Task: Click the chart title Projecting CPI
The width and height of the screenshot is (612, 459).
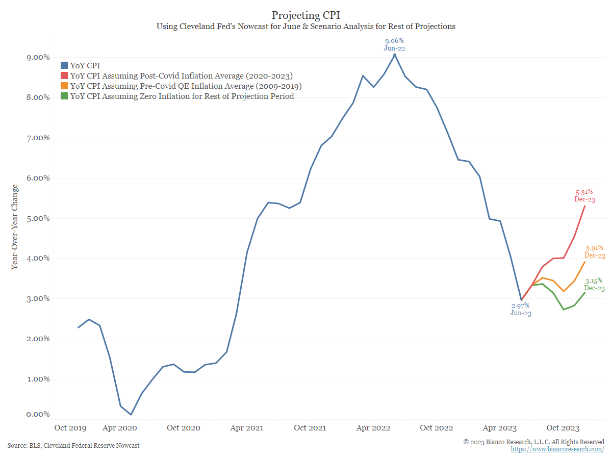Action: point(305,15)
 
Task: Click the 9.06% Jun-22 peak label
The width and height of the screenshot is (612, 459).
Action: point(394,44)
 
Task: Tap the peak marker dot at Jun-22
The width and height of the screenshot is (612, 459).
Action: point(395,55)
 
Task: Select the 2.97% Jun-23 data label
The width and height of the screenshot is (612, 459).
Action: point(521,310)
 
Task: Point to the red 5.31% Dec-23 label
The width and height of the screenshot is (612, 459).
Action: point(584,196)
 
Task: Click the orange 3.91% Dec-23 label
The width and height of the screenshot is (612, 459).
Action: point(595,251)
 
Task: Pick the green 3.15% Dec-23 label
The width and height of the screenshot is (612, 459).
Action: point(594,284)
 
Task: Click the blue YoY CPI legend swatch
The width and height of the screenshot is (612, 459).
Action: point(64,65)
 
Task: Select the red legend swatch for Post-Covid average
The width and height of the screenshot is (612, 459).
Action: point(64,75)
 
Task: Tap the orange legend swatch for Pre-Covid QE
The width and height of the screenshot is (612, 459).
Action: point(64,86)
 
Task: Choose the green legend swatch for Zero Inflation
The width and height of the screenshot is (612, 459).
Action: point(64,96)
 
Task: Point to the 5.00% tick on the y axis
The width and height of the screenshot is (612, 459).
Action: point(38,218)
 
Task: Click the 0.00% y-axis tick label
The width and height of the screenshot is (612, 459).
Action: point(38,415)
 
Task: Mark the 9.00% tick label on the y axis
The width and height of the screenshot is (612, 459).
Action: point(38,58)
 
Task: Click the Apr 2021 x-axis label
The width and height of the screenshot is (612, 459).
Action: point(247,428)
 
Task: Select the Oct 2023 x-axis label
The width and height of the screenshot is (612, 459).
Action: point(563,428)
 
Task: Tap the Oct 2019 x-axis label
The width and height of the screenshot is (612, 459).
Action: point(70,428)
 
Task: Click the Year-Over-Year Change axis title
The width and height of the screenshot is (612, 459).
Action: point(14,227)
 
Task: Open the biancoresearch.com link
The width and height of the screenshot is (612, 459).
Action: point(557,449)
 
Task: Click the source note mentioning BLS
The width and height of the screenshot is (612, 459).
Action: point(73,446)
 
